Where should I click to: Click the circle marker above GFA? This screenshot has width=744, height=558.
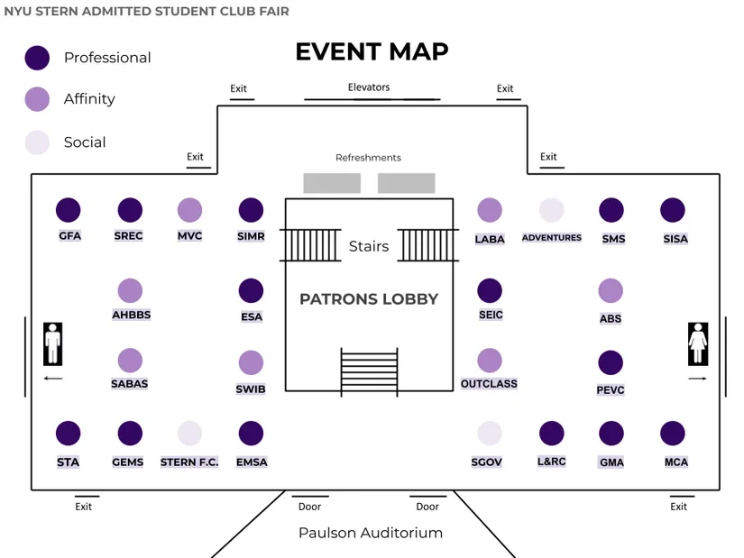(x=69, y=210)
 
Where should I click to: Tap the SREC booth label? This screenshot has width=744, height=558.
(x=129, y=236)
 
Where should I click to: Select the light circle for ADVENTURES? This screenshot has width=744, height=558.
(x=551, y=210)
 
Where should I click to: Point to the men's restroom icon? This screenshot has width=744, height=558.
(x=53, y=343)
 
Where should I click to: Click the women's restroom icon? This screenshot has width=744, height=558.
(x=697, y=343)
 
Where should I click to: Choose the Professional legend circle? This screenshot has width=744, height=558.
(x=37, y=58)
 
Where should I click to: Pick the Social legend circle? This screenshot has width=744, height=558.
(x=37, y=142)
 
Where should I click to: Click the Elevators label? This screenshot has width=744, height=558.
(x=369, y=87)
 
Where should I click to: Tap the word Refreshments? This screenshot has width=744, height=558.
(x=368, y=158)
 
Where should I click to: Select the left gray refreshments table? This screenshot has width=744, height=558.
(x=332, y=183)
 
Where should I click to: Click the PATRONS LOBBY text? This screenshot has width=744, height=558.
(x=369, y=298)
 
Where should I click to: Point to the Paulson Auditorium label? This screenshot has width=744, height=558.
(x=371, y=533)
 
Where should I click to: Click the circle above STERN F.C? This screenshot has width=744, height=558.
(x=189, y=433)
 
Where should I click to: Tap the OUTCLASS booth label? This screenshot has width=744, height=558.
(x=489, y=384)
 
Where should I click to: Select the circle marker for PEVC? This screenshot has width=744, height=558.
(x=611, y=363)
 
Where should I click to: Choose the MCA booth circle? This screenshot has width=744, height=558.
(x=673, y=433)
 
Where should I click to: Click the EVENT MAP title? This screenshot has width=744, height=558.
(x=372, y=51)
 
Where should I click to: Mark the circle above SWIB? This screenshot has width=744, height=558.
(x=251, y=363)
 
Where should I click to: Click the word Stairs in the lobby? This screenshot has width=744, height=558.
(x=369, y=246)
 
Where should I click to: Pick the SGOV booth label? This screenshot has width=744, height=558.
(x=487, y=462)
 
